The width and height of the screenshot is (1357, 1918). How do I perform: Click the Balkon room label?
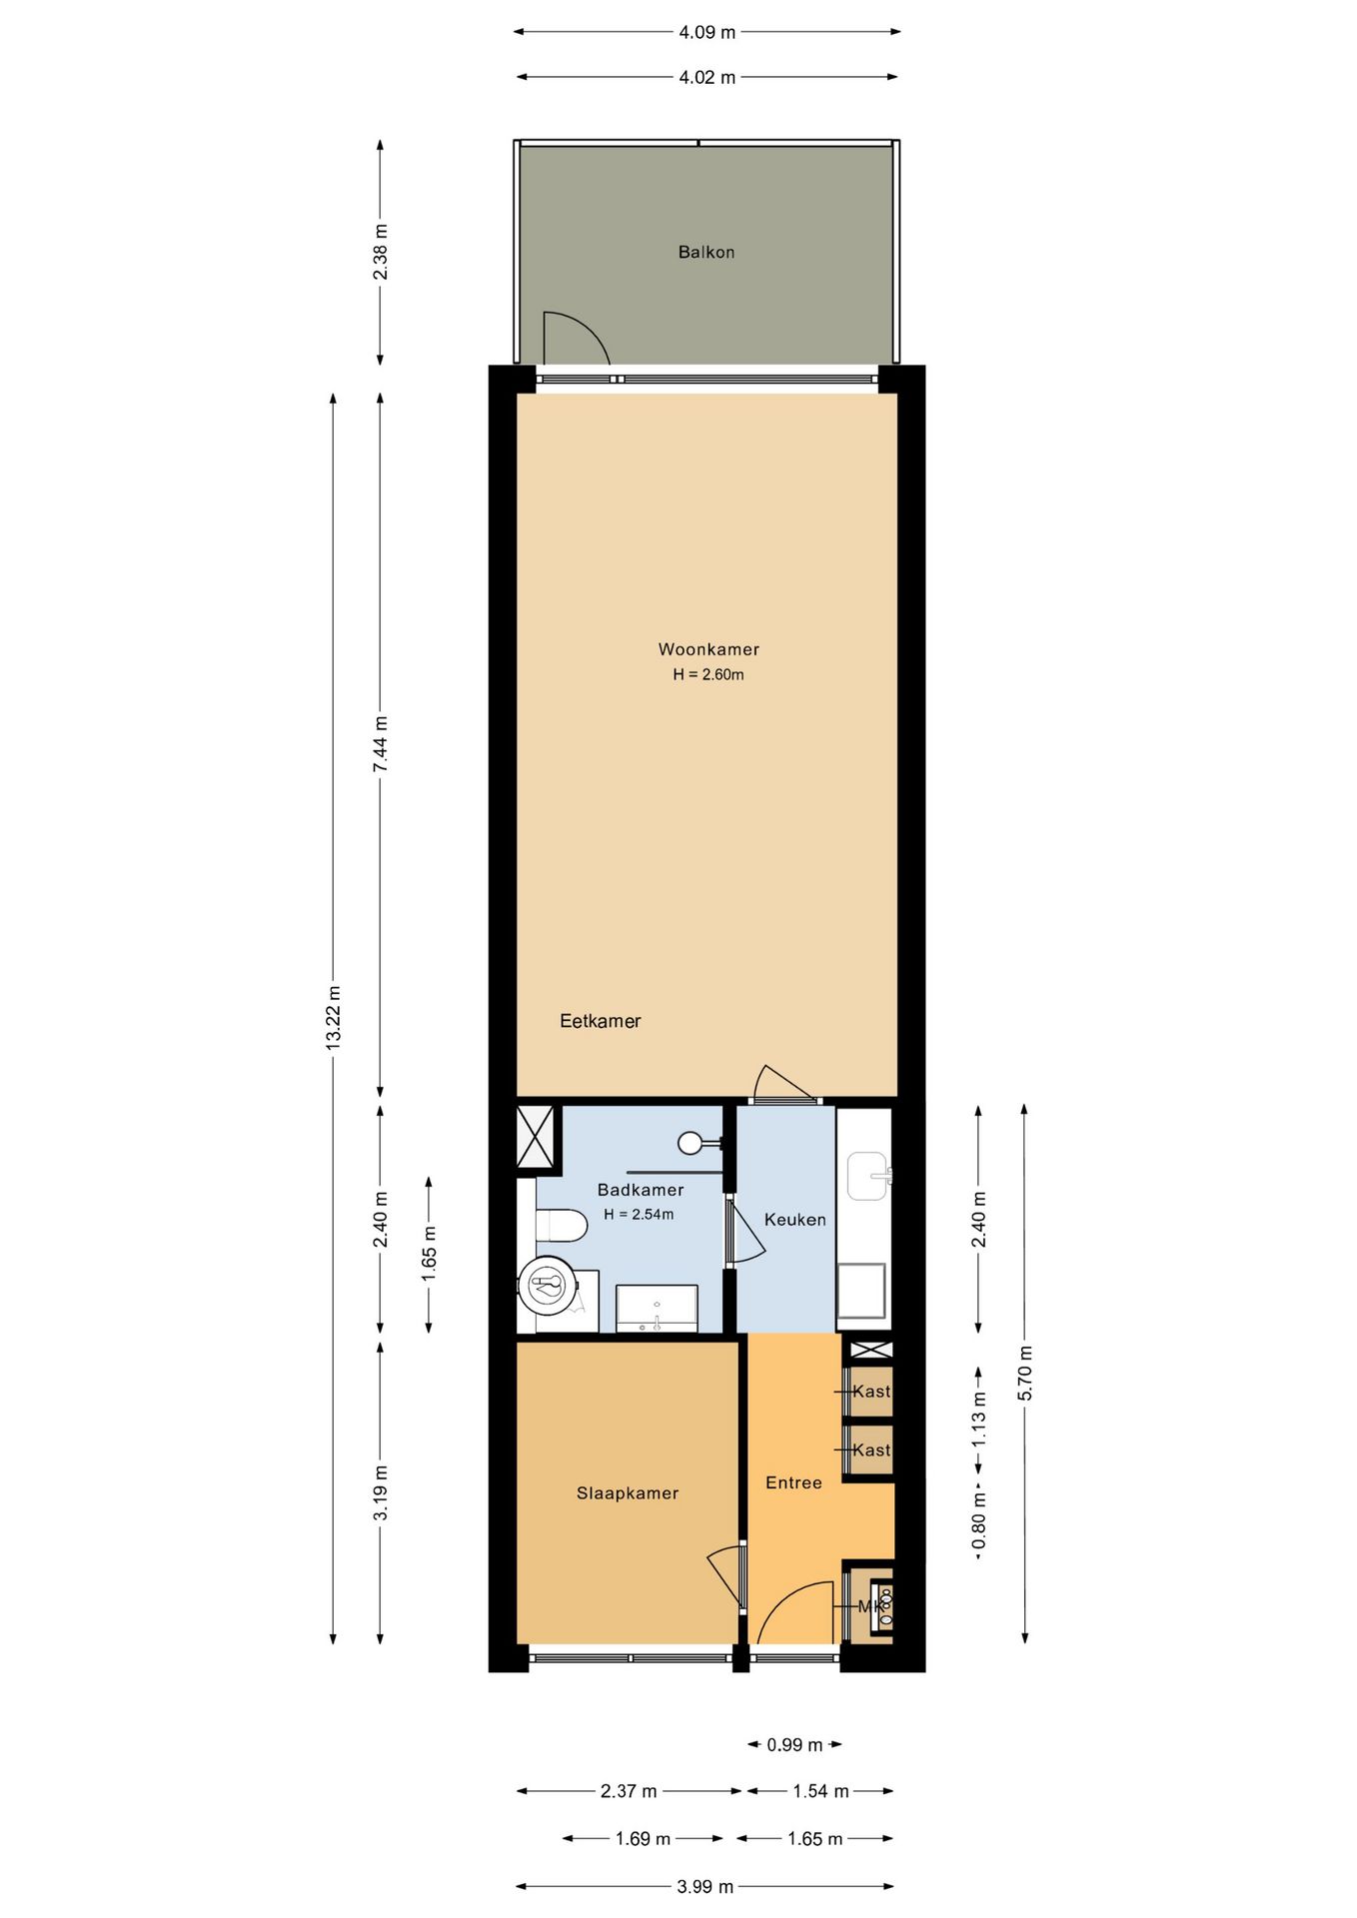[705, 253]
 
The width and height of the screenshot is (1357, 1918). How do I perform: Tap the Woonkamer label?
[707, 649]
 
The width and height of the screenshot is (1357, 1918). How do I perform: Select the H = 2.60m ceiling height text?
[707, 675]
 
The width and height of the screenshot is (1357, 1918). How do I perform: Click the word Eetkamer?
[600, 1021]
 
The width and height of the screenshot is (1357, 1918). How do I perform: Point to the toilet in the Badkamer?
[561, 1225]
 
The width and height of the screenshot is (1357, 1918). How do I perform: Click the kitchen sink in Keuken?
[866, 1176]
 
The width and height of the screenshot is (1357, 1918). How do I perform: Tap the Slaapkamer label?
[627, 1493]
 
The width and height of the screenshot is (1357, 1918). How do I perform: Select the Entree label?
[793, 1483]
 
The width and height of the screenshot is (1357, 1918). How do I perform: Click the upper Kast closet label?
[870, 1392]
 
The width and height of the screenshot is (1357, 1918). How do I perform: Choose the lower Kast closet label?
[870, 1450]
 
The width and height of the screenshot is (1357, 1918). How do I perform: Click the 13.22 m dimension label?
[334, 1016]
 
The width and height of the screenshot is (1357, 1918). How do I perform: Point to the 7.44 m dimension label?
[381, 744]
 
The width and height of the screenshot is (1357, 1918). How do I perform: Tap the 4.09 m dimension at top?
[706, 33]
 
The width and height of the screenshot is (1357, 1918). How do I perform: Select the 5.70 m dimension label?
[1025, 1373]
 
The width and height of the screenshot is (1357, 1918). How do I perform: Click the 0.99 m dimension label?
[794, 1745]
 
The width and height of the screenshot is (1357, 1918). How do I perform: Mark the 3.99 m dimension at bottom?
[704, 1887]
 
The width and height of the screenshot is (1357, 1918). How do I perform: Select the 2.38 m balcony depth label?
[381, 253]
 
